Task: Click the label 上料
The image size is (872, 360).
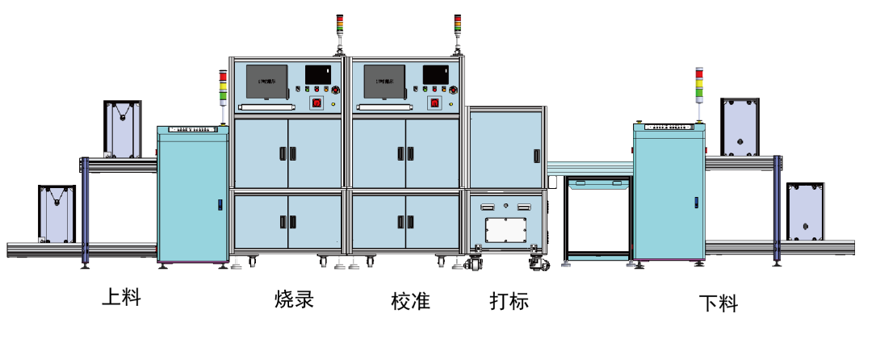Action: click(121, 297)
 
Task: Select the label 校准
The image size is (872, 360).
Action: click(410, 301)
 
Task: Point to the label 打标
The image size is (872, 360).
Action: click(509, 301)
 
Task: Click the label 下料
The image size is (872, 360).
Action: click(718, 303)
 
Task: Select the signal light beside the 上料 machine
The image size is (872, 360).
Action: click(223, 87)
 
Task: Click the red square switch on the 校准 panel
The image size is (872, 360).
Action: click(434, 103)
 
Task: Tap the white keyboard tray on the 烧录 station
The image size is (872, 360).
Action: click(266, 106)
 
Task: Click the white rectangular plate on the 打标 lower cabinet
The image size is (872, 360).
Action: click(506, 230)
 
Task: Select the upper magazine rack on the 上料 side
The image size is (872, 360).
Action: click(123, 128)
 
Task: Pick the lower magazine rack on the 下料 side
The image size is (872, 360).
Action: click(805, 211)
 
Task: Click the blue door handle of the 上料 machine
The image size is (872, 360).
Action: click(220, 204)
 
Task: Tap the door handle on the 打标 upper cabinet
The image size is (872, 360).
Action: click(536, 155)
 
